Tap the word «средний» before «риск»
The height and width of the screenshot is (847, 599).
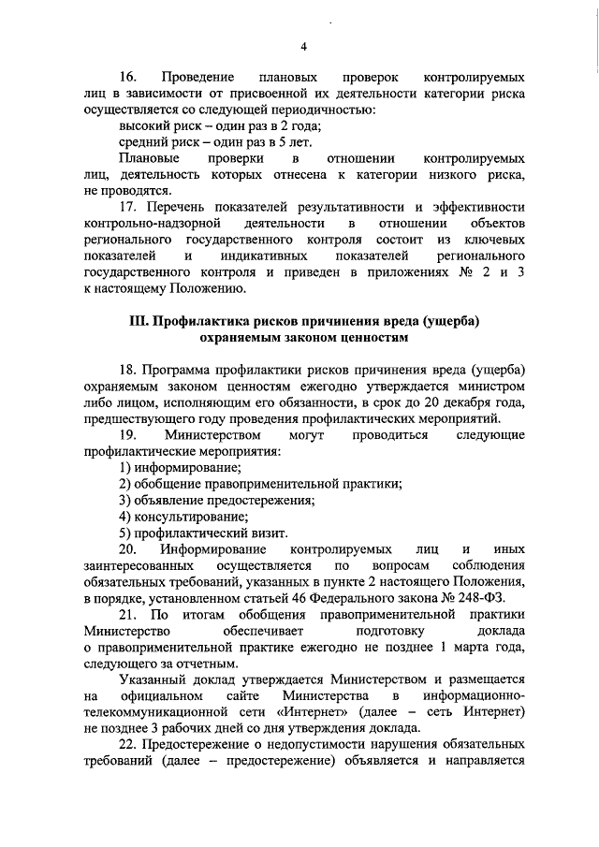(x=145, y=142)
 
